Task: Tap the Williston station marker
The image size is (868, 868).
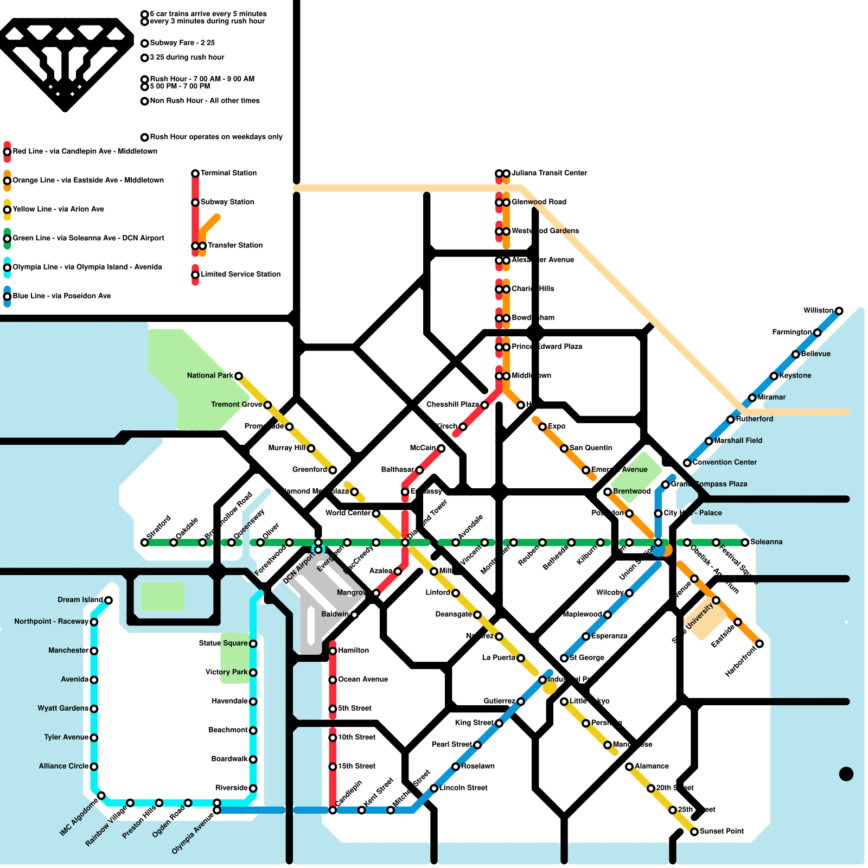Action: tap(839, 311)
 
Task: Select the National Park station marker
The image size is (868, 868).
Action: tap(238, 376)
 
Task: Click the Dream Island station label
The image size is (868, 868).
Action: tap(80, 599)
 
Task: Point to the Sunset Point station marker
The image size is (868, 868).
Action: tap(694, 832)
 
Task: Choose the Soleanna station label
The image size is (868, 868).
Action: tap(766, 542)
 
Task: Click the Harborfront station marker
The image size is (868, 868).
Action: tap(759, 644)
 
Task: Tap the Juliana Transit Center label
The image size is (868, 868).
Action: tap(549, 173)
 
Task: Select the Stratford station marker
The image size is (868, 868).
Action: tap(144, 542)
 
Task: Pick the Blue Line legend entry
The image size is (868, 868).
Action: tap(61, 296)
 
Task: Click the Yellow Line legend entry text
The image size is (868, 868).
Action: tap(58, 209)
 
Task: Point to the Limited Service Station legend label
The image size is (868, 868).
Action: tap(240, 274)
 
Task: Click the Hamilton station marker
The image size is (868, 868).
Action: tap(333, 650)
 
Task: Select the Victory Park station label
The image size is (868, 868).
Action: tap(226, 672)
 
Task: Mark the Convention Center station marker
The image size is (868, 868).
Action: tap(687, 463)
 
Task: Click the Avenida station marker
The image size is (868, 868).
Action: tap(94, 680)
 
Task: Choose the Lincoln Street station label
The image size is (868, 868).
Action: tap(463, 788)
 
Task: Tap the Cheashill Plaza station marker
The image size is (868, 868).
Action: tap(484, 405)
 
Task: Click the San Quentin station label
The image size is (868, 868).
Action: tap(590, 448)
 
